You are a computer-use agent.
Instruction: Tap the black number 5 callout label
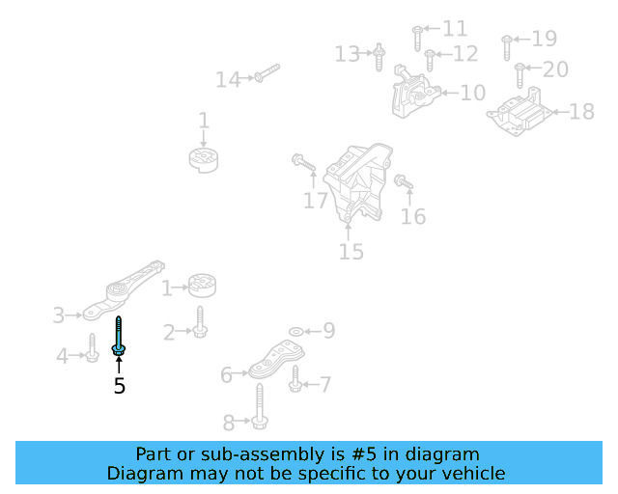pos(119,386)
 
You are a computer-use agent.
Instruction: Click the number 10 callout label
pos(472,94)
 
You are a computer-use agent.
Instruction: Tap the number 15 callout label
pos(351,252)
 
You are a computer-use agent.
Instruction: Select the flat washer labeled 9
pos(295,331)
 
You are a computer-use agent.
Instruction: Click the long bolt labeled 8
pos(261,405)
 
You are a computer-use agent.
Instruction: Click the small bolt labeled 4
pos(92,349)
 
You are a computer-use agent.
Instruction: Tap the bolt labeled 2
pos(200,323)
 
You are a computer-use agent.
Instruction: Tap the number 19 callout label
pos(545,40)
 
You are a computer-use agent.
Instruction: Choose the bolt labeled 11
pos(417,36)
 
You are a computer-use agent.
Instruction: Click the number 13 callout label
pos(347,54)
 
